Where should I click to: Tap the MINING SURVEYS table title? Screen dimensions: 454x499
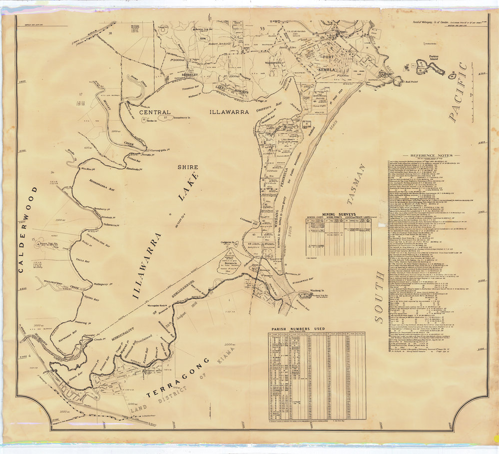click(339, 213)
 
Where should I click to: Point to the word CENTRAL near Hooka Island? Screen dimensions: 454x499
click(155, 112)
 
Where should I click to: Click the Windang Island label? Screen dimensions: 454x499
click(314, 290)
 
